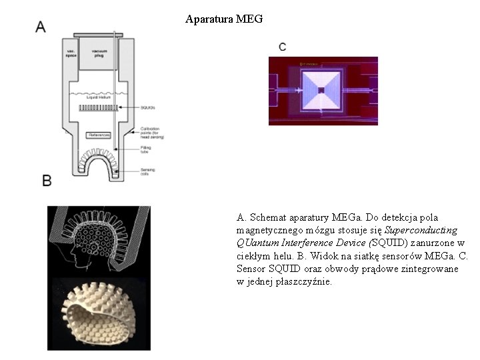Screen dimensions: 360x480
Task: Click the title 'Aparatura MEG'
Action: click(x=224, y=19)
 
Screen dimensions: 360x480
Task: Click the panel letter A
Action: click(x=41, y=27)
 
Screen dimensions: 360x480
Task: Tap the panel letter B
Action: click(x=47, y=180)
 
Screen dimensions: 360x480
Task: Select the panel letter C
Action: click(x=283, y=47)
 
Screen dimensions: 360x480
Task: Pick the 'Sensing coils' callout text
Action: click(x=148, y=172)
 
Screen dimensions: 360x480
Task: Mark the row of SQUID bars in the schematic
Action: click(x=99, y=107)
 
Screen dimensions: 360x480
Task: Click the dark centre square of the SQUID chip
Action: click(x=321, y=90)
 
